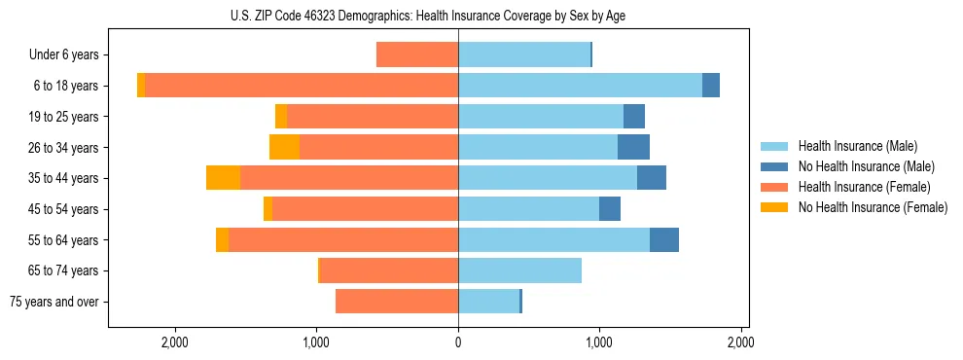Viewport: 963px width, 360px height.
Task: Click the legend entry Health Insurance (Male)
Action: pos(856,146)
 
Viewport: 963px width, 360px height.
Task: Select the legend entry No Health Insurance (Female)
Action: pos(873,207)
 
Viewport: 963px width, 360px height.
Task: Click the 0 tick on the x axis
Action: pos(458,343)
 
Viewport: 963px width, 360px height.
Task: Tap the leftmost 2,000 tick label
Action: pos(175,343)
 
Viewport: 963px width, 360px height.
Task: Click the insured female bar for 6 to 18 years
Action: pos(302,86)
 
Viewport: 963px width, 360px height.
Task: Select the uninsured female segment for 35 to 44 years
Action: pos(223,178)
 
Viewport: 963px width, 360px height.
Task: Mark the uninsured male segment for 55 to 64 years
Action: pos(664,239)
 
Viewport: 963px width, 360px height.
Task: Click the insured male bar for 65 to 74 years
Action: pos(519,270)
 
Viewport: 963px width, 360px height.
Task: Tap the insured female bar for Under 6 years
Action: pos(417,55)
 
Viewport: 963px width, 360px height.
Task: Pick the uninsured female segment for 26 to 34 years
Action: pos(284,147)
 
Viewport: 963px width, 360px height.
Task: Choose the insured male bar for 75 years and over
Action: pos(488,302)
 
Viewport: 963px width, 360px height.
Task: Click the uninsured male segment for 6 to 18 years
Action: pos(711,86)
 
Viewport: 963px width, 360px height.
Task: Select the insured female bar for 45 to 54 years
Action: pos(365,209)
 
